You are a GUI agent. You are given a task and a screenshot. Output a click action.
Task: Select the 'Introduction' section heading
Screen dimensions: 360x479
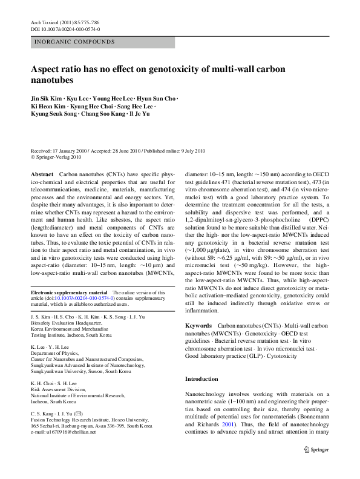tap(201, 379)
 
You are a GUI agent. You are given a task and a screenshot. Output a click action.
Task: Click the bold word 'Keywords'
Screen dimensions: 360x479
tap(198, 326)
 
